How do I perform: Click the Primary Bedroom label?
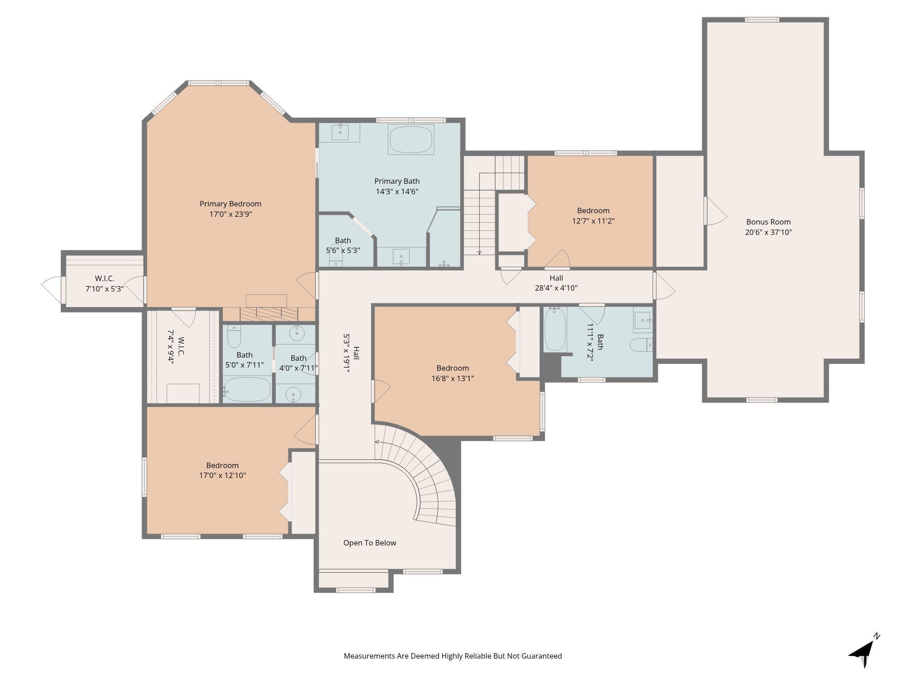tap(231, 204)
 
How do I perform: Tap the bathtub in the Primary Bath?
tap(411, 140)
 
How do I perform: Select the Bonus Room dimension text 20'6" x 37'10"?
tap(768, 232)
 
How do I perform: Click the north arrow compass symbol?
tap(864, 651)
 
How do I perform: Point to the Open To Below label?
tap(370, 543)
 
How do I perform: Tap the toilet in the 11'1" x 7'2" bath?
tap(641, 344)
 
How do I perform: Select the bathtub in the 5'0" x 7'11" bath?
tap(247, 389)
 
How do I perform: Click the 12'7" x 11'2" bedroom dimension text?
tap(593, 221)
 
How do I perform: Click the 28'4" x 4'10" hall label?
tap(556, 283)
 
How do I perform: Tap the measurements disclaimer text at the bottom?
tap(453, 656)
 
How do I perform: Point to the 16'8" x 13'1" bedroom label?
tap(453, 373)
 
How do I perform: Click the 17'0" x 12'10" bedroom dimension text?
tap(222, 475)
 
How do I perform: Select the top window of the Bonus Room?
tap(762, 19)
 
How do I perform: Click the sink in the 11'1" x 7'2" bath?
tap(643, 320)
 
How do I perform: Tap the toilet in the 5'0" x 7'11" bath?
tap(234, 336)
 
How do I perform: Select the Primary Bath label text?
tap(397, 181)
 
